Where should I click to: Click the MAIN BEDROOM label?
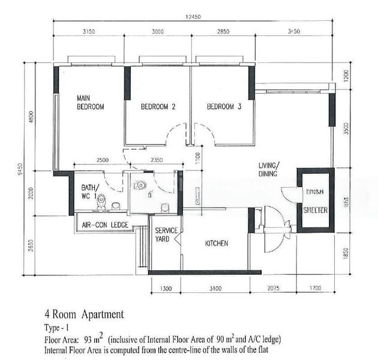coord(90,102)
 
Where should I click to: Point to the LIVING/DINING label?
coord(268,169)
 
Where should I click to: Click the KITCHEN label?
coord(217,244)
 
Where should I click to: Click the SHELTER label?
coord(315,211)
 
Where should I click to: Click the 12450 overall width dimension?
coord(193,17)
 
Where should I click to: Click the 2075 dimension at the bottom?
coord(276,289)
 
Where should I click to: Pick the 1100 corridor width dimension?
coord(198,157)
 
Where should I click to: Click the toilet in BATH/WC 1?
coord(101,202)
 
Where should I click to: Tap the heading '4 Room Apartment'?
coord(84,314)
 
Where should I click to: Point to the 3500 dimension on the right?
coord(346,130)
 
